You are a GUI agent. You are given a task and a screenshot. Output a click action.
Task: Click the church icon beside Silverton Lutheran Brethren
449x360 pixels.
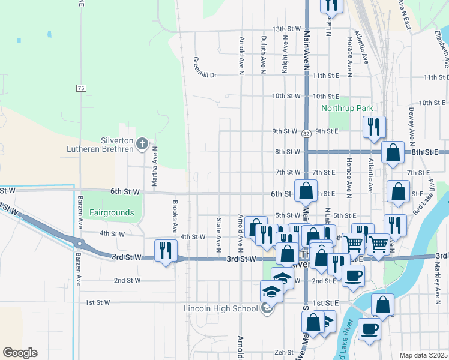pos(142,143)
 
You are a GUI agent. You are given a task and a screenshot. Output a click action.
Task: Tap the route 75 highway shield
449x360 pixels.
pos(81,88)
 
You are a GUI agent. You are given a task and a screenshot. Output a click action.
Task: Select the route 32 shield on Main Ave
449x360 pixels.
pos(306,133)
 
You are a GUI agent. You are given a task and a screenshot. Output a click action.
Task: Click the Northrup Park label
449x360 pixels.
pos(348,109)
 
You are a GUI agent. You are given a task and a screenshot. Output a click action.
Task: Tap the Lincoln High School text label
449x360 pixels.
pos(220,309)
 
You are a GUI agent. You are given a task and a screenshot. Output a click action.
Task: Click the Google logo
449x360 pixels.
pos(20,353)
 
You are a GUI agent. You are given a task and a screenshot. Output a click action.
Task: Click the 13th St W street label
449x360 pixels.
pos(285,29)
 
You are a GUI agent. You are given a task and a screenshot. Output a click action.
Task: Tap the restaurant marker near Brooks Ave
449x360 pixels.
pos(165,250)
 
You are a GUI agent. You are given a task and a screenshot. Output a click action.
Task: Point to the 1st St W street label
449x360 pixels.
pos(97,302)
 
